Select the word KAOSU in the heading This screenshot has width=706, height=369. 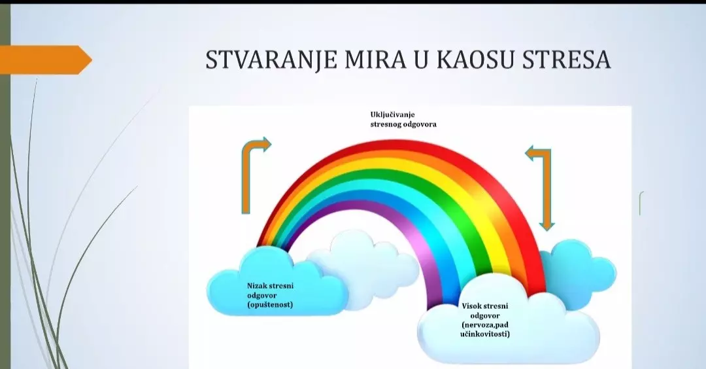click(475, 60)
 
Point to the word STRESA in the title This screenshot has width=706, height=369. click(566, 60)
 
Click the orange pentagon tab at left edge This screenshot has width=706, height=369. click(45, 60)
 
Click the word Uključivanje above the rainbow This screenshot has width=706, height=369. click(392, 114)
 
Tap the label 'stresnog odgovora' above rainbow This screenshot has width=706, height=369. click(403, 124)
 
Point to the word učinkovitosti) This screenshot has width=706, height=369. click(484, 334)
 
